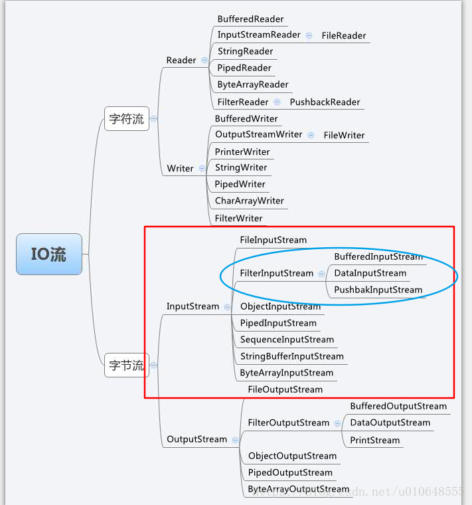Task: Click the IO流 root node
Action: coord(49,254)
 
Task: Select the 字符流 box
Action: coord(126,120)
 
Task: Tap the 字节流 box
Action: coord(126,365)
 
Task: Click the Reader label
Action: coord(181,60)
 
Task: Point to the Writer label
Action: coord(180,169)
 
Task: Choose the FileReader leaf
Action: coord(343,36)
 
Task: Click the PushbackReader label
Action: coord(325,102)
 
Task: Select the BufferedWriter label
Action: coord(246,119)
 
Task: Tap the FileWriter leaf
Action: coord(344,136)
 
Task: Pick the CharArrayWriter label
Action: coord(249,201)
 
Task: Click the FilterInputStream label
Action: coord(276,273)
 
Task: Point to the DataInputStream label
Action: coord(370,273)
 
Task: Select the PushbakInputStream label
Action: coord(378,290)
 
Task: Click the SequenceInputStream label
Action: coord(287,340)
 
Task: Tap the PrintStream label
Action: coord(374,440)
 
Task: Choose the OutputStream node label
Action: coord(197,439)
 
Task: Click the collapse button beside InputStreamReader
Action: coord(309,35)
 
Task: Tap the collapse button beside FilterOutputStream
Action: coord(338,423)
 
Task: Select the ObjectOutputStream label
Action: coord(292,456)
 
